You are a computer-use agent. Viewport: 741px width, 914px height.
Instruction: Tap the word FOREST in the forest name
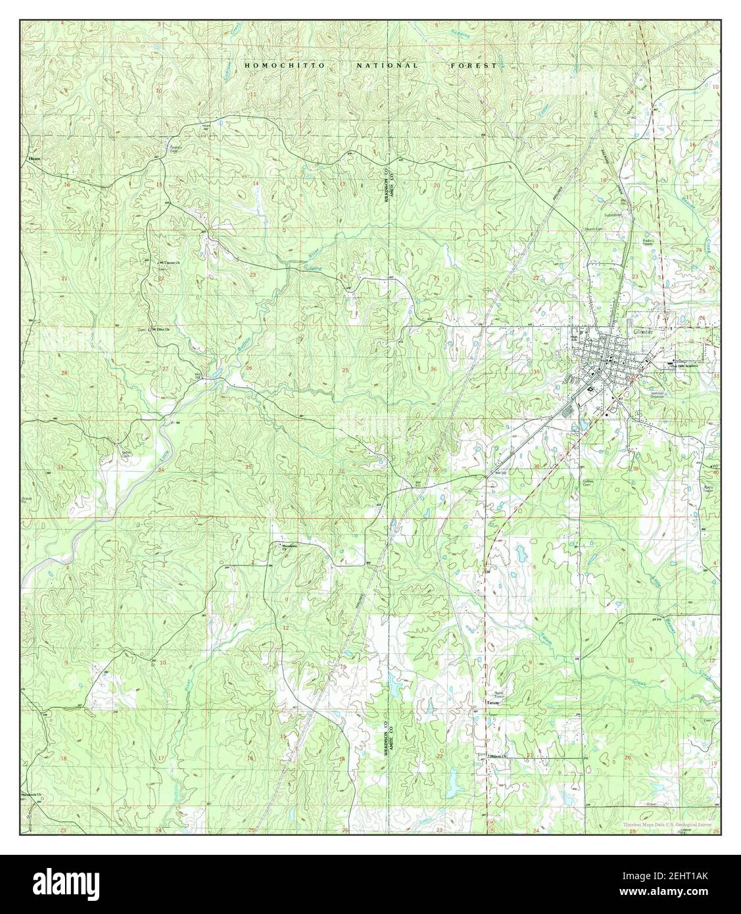tap(473, 66)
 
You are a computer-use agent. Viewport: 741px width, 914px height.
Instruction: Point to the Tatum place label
tap(492, 702)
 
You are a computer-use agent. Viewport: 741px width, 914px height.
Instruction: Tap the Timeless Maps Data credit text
tap(667, 824)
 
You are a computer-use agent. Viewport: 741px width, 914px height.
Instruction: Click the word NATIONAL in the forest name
tap(387, 66)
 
